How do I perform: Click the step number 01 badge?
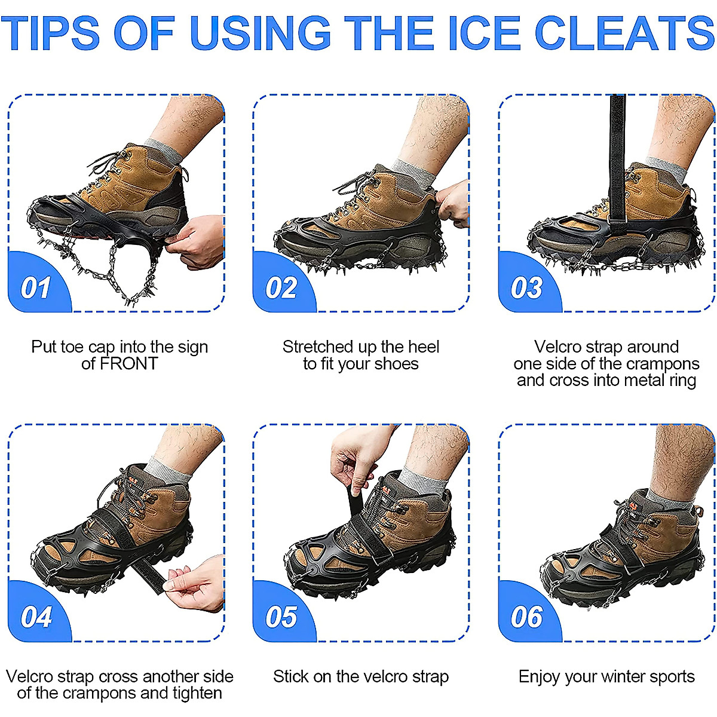pyautogui.click(x=36, y=288)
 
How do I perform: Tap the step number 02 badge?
pyautogui.click(x=281, y=288)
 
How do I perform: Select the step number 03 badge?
pyautogui.click(x=526, y=288)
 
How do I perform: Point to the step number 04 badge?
pyautogui.click(x=36, y=617)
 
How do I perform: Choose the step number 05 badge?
pyautogui.click(x=281, y=617)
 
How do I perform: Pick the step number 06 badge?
pyautogui.click(x=526, y=617)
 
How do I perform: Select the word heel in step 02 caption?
pyautogui.click(x=424, y=347)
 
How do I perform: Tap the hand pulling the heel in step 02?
pyautogui.click(x=454, y=203)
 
